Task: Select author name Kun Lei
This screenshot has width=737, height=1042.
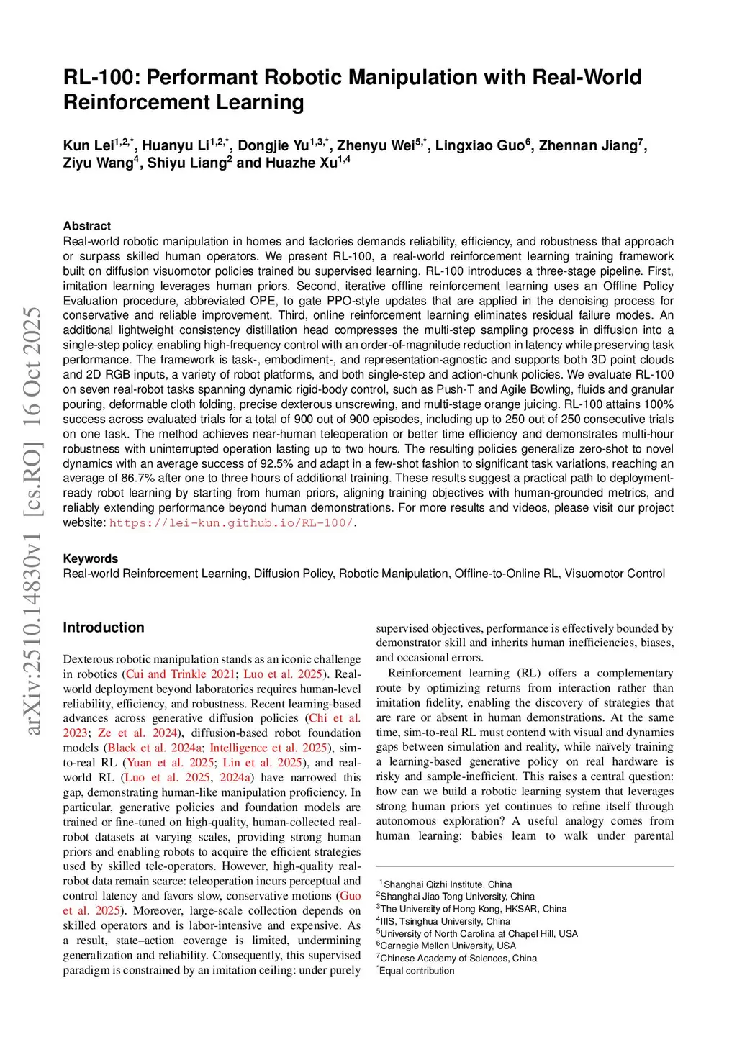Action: tap(88, 146)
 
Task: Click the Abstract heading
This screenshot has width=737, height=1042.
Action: tap(87, 226)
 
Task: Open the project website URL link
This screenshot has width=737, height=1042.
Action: tap(231, 523)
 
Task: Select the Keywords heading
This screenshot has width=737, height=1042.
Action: tap(91, 558)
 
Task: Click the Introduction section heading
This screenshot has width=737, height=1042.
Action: tap(104, 628)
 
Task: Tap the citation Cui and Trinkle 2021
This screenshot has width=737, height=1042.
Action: tap(181, 674)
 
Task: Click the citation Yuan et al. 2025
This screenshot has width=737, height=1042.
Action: tap(171, 763)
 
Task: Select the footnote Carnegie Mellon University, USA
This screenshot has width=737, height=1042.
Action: tap(448, 946)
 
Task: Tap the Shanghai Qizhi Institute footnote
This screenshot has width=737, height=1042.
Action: tap(448, 884)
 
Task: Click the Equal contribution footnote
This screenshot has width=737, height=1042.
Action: tap(417, 971)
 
